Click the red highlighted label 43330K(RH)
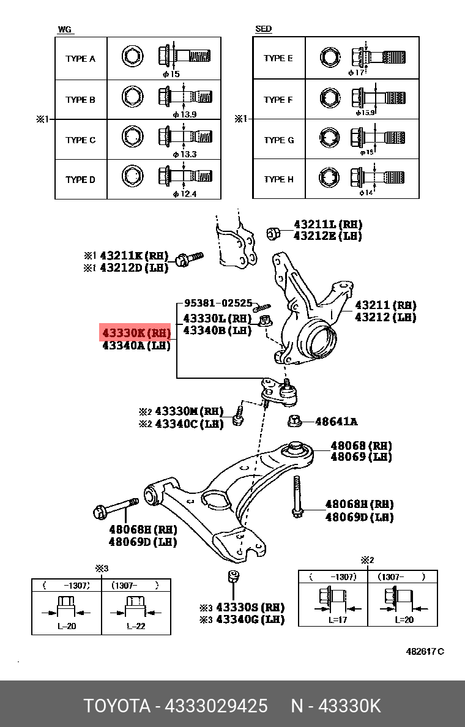[136, 333]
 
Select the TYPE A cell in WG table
[81, 59]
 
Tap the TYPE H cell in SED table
[278, 179]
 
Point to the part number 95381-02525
[218, 303]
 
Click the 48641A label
[336, 422]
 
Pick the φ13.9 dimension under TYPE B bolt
[184, 114]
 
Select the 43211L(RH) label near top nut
[327, 225]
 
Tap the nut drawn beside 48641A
[295, 421]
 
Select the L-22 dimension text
[136, 626]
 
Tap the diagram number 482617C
[425, 651]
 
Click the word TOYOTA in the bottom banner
[117, 706]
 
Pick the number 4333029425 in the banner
[217, 706]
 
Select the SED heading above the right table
[264, 29]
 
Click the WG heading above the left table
[64, 29]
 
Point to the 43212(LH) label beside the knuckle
[385, 317]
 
